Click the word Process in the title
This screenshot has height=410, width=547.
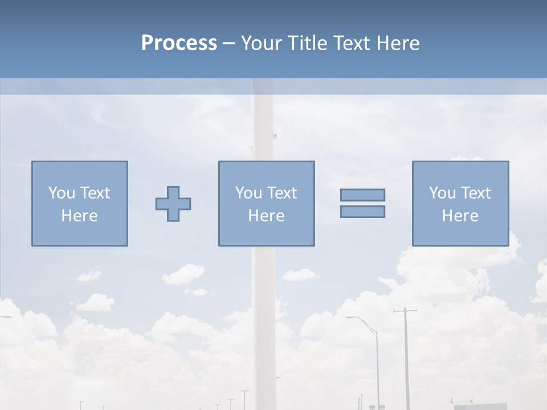(179, 43)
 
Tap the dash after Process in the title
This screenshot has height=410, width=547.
(229, 43)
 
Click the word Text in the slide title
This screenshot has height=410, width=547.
(353, 43)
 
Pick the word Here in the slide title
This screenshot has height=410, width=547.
(399, 43)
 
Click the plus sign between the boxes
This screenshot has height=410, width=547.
(173, 203)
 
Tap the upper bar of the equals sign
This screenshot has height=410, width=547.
(362, 195)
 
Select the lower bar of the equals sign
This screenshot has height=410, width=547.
(362, 211)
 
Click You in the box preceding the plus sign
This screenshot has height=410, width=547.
(62, 193)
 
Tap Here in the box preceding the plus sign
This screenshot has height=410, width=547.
(79, 216)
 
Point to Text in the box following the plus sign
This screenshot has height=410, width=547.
(282, 193)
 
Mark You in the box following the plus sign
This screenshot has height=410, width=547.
(248, 193)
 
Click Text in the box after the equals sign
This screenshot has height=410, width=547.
(476, 193)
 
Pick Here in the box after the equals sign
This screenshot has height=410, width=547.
(460, 216)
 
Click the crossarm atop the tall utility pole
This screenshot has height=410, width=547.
(405, 311)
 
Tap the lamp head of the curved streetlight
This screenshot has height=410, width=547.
(349, 317)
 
